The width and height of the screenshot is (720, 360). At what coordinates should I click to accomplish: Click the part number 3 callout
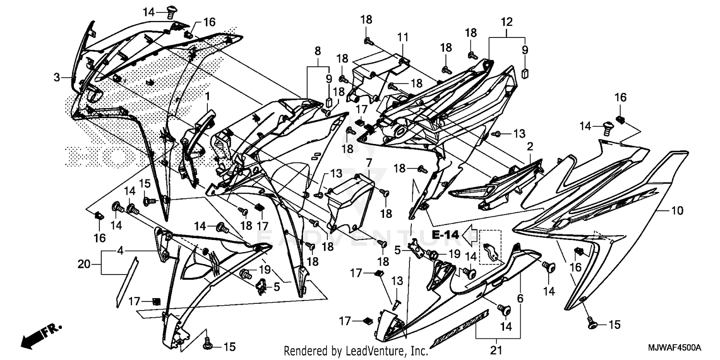coord(57,77)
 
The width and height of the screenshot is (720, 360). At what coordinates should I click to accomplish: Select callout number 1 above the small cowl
coord(208,96)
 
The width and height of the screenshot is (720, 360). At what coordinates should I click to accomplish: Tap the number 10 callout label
coord(677,210)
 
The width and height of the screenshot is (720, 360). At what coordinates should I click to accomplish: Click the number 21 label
coord(495,348)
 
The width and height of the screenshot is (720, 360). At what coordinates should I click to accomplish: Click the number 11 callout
coord(402,36)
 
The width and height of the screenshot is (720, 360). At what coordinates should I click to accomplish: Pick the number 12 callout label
coord(507,22)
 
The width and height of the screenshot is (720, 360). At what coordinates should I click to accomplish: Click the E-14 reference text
coord(445,235)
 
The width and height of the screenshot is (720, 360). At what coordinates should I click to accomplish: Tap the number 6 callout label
coord(520,298)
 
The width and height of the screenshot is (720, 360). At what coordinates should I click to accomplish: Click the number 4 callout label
coord(120,251)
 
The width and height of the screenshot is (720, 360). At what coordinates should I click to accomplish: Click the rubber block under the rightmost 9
coord(525,73)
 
